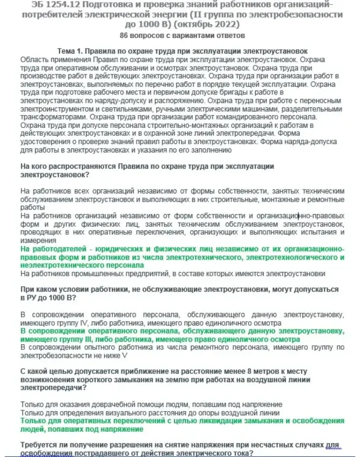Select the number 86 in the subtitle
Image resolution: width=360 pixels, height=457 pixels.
124,36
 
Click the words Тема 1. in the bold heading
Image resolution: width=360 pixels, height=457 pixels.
71,52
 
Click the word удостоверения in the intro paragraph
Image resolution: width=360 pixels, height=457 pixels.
45,142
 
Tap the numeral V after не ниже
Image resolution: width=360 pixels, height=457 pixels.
125,356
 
